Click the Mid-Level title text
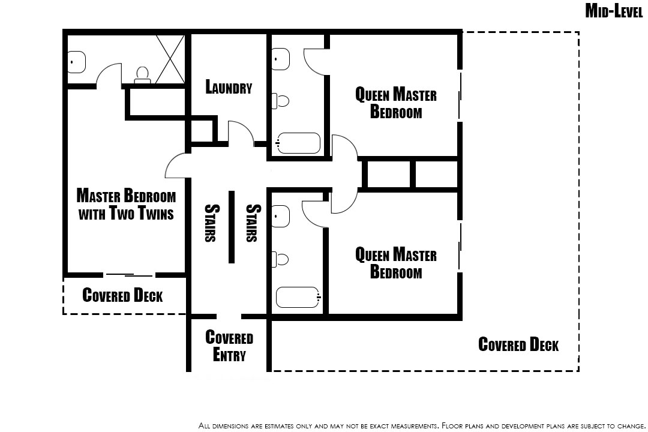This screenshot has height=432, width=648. pos(614,11)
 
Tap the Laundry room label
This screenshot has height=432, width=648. pos(229,87)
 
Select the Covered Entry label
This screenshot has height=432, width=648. pos(229,346)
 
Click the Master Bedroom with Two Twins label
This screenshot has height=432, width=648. pos(126,204)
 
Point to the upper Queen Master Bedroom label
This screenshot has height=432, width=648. pos(396,103)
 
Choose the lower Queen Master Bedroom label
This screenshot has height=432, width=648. pos(396,263)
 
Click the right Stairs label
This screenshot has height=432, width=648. pos(253,223)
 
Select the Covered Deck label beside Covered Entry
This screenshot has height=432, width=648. pos(518,344)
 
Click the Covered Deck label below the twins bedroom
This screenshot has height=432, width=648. pos(122,295)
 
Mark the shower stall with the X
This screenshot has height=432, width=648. pos(170,59)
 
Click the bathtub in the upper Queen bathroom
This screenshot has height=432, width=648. pos(298,143)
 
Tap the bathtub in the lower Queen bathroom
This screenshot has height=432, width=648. pos(298,297)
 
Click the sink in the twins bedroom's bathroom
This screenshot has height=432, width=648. pos(76,62)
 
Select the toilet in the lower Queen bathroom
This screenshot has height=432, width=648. pos(280,259)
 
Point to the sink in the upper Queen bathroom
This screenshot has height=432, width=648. pos(281,59)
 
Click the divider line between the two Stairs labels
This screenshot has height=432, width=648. pos(232,227)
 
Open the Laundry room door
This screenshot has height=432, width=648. pos(241,132)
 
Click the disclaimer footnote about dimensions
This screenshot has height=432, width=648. pos(422,425)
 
